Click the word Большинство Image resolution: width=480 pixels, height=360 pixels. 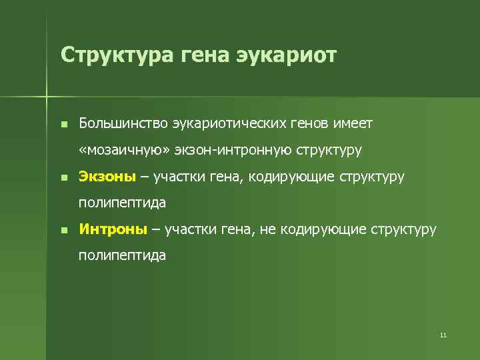[x=123, y=123]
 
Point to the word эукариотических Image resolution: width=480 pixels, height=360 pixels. [x=231, y=123]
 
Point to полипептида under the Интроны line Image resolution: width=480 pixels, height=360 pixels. [x=122, y=256]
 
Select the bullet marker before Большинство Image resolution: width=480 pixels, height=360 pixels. [x=63, y=124]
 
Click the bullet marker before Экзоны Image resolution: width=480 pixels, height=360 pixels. [x=63, y=177]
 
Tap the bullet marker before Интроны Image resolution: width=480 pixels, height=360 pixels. [x=63, y=230]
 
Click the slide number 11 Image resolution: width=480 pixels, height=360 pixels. [x=443, y=335]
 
